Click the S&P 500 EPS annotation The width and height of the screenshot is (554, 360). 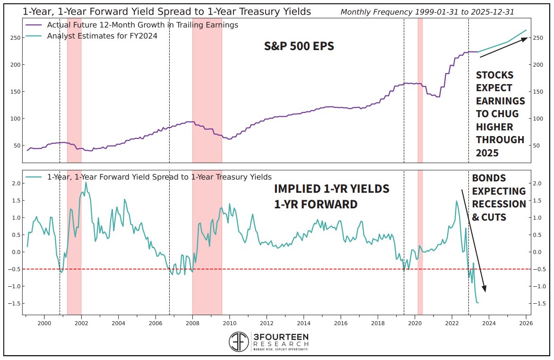pos(299,46)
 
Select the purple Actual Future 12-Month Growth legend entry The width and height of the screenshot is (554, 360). pos(142,25)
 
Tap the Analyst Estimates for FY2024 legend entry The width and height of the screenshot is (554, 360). pos(102,35)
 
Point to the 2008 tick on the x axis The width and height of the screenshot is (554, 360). pos(192,323)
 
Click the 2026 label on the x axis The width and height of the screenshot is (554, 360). pos(526,323)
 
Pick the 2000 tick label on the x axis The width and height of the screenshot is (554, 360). pos(44,323)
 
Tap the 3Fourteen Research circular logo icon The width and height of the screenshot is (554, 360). pos(239,342)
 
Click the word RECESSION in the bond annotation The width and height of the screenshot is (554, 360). pos(499,204)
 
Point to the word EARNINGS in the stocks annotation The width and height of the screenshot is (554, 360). pos(500,101)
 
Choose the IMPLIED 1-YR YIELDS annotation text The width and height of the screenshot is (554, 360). pos(331,189)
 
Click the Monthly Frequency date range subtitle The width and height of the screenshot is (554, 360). pos(427,12)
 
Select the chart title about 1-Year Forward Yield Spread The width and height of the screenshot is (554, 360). pos(167,12)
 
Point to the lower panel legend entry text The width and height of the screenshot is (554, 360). pos(159,177)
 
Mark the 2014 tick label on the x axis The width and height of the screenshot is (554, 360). pos(303,323)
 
